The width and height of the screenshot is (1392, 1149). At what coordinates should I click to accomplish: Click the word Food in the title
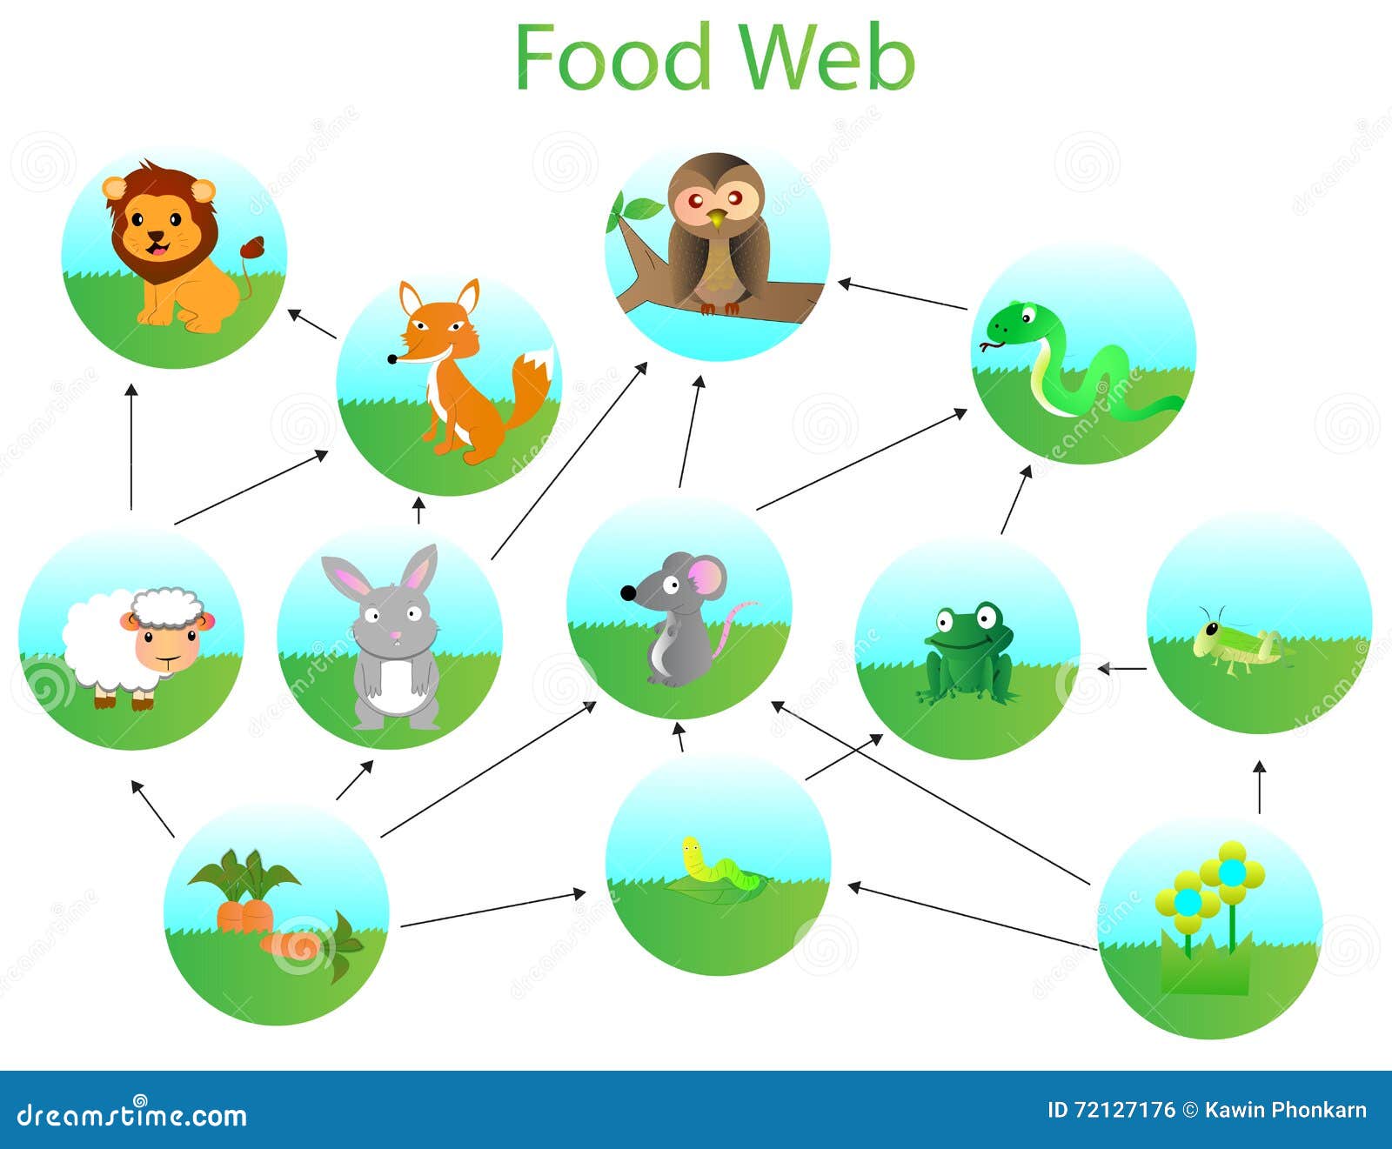pyautogui.click(x=612, y=57)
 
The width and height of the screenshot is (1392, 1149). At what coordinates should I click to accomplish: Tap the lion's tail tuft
pyautogui.click(x=255, y=247)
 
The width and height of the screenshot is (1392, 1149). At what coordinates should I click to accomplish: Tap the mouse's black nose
pyautogui.click(x=627, y=593)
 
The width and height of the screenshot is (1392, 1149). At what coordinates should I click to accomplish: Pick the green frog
pyautogui.click(x=968, y=654)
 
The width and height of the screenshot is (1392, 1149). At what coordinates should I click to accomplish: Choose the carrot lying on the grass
pyautogui.click(x=296, y=945)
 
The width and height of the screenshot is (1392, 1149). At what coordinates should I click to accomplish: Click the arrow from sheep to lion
pyautogui.click(x=131, y=447)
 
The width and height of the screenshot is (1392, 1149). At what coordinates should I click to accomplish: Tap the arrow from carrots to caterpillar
pyautogui.click(x=492, y=909)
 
